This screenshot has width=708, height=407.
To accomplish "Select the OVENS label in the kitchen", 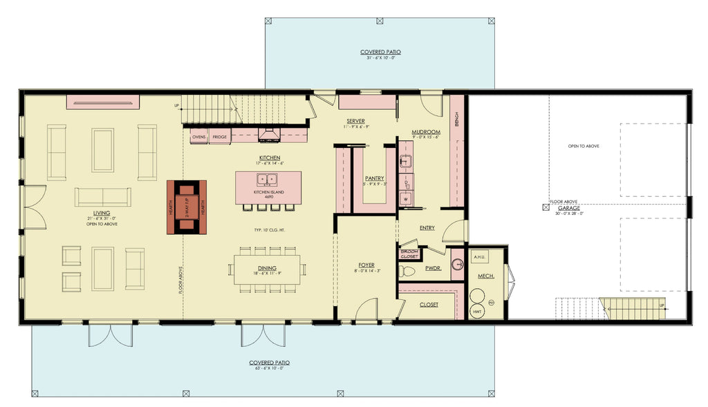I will coord(199,138).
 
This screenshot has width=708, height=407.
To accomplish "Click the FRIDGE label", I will coord(219,138).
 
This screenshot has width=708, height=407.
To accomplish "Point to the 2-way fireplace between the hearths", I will coord(187,207).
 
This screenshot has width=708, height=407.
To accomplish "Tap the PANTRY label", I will coord(374,178).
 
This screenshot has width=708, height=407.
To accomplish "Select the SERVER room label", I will coord(355,122).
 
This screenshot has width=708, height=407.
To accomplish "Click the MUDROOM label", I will coord(426,132).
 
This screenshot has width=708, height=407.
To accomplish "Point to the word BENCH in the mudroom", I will coord(457,120).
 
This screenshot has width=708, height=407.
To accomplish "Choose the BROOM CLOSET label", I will coord(410,253).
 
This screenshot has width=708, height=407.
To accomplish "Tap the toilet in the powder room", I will coord(409,271).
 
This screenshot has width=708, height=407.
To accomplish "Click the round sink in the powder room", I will coord(457,263).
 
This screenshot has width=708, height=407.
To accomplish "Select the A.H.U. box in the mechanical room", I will coord(479,256).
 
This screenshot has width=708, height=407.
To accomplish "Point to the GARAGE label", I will coord(570,207).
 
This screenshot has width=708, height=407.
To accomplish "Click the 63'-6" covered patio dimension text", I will coord(269,368).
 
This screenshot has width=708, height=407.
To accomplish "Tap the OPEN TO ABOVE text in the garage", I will coord(584,146).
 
